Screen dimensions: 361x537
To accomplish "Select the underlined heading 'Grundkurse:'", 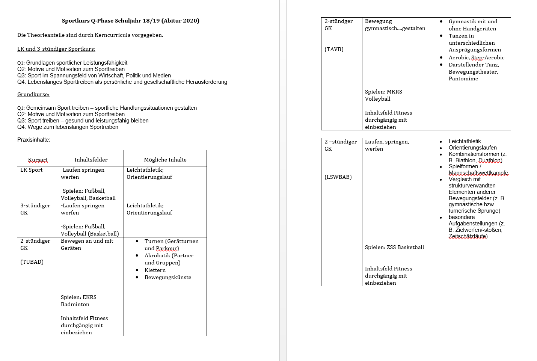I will [33, 94].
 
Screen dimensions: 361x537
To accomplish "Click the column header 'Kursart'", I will [38, 160].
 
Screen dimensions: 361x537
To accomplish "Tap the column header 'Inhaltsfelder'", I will [91, 160].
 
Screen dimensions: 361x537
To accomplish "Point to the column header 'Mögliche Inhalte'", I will [165, 160].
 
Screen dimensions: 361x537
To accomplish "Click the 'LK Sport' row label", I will [32, 170].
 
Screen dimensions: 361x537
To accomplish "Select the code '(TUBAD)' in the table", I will [32, 262].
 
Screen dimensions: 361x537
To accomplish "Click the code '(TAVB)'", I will [334, 49].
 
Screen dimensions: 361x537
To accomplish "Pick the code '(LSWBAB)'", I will [338, 177].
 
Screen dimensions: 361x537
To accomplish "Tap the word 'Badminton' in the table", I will [75, 304].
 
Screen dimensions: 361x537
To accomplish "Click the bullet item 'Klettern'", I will [155, 270].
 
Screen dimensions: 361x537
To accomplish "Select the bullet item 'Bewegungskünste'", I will [168, 277].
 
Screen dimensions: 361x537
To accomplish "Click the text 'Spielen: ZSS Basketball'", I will [394, 247].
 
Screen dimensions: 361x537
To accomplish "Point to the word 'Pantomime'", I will [463, 79].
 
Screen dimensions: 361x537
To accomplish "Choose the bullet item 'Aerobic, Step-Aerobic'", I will [477, 57].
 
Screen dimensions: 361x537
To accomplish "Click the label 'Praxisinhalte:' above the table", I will [33, 140].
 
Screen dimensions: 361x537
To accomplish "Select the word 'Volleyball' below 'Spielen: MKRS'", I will [378, 99].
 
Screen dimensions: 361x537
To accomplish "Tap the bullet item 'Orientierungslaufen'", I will [472, 148].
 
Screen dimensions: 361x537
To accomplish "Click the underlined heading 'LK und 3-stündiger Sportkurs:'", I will [56, 49].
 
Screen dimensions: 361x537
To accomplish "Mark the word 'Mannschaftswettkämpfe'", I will [478, 173].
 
